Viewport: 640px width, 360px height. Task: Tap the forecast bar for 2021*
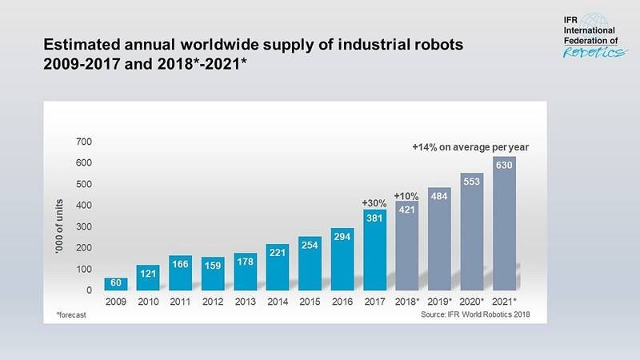point(503,224)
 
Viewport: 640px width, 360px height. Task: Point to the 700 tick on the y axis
point(84,142)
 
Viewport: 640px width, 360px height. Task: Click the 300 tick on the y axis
point(84,226)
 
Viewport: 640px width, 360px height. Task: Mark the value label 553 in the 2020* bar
point(472,182)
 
